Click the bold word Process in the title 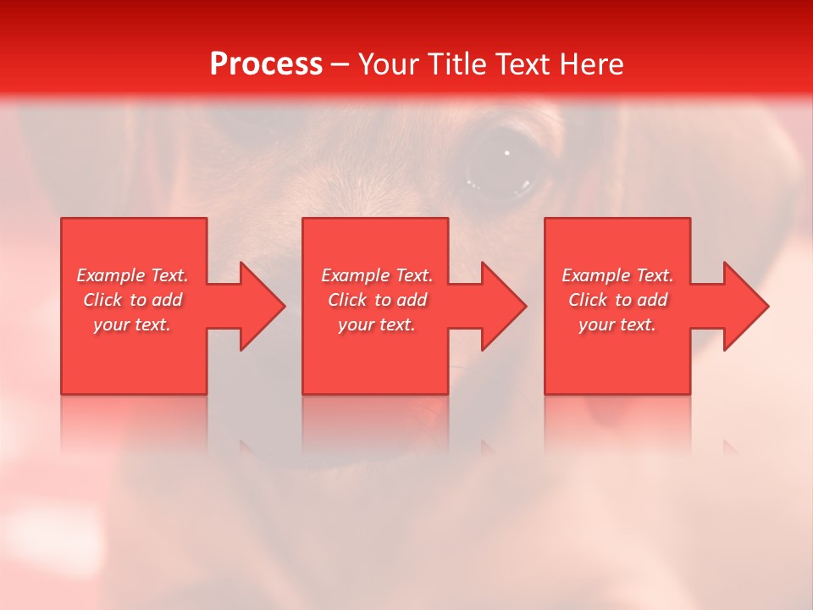pos(266,64)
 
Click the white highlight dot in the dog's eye pos(506,153)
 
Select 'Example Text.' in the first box pos(132,275)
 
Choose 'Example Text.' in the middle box pos(377,275)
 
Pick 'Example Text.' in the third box pos(617,275)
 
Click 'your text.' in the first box pos(132,324)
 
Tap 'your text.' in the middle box pos(377,324)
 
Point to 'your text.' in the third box pos(617,324)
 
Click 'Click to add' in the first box pos(132,300)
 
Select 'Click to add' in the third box pos(617,300)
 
